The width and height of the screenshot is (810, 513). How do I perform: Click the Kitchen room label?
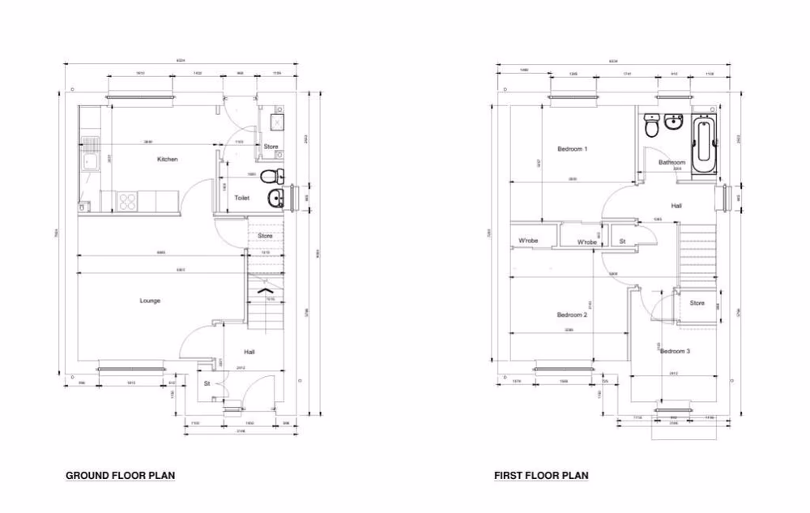point(168,160)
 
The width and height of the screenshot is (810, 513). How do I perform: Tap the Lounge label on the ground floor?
point(150,301)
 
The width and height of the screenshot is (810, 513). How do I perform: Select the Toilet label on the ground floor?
point(241,198)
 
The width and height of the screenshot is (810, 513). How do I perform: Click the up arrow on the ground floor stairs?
point(264,289)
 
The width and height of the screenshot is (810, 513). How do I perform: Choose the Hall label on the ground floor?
point(250,352)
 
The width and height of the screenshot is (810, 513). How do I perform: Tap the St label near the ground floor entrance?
point(207,383)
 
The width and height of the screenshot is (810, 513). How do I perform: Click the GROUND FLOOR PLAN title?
point(120,476)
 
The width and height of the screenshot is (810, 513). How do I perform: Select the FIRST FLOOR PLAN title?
point(541,476)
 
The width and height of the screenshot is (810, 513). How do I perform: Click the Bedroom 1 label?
point(573,149)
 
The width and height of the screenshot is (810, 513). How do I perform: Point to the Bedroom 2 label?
point(572,314)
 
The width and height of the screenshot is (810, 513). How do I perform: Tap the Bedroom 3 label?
point(675,351)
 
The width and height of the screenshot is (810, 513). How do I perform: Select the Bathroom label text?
point(671,162)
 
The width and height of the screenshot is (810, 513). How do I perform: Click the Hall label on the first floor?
point(676,206)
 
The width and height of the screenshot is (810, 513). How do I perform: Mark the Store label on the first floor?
point(697,303)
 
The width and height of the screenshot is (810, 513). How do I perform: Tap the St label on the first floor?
point(623,242)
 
